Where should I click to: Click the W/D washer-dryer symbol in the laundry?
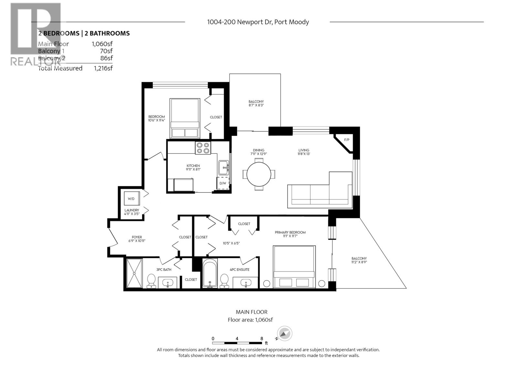[x=132, y=199]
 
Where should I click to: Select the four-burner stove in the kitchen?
[x=203, y=148]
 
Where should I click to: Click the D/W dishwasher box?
[x=223, y=183]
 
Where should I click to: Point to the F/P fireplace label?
[x=347, y=140]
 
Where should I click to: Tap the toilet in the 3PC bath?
[x=151, y=281]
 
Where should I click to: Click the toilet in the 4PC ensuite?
[x=224, y=281]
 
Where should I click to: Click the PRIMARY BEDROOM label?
[x=290, y=232]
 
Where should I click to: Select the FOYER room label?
[x=137, y=237]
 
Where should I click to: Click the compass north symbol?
[x=284, y=334]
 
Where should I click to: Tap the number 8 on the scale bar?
[x=262, y=339]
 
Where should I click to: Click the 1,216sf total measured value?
[x=103, y=68]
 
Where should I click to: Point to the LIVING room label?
[x=304, y=150]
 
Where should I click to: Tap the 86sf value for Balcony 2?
[x=106, y=58]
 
